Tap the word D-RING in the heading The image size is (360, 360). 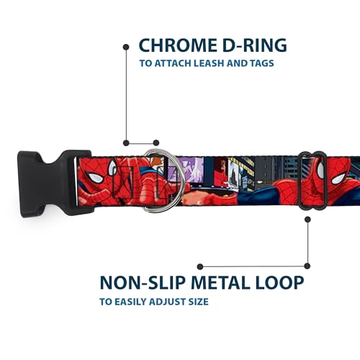[x=254, y=45]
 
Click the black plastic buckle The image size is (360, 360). [x=52, y=182]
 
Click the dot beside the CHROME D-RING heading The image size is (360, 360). [x=126, y=47]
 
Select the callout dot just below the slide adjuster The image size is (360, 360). [x=307, y=220]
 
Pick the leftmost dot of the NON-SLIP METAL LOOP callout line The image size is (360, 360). [x=200, y=266]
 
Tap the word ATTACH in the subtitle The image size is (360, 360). [x=172, y=63]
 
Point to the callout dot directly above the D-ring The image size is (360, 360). [x=156, y=143]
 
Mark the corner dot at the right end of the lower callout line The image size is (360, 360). [x=307, y=266]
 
